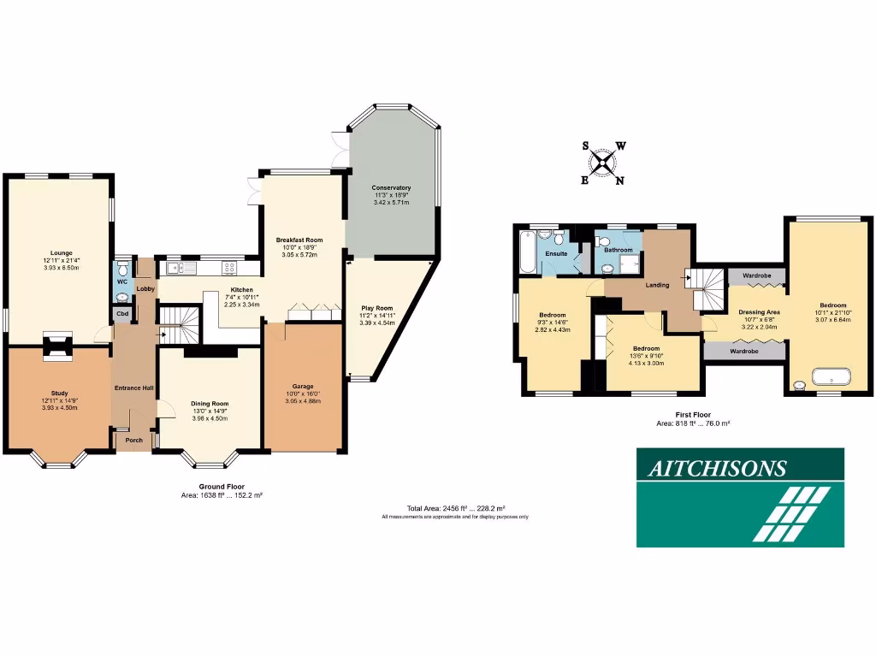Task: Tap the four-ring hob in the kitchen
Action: point(229,268)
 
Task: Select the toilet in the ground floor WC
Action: point(122,267)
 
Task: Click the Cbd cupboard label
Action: point(122,314)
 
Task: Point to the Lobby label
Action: point(144,289)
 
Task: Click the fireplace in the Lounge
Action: point(58,341)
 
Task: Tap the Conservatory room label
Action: point(391,187)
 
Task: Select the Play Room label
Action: point(376,308)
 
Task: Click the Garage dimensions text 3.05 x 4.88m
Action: point(305,400)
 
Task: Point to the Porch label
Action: point(134,441)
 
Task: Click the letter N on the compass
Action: point(620,180)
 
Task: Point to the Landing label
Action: point(657,285)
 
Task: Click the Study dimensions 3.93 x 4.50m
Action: point(60,408)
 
